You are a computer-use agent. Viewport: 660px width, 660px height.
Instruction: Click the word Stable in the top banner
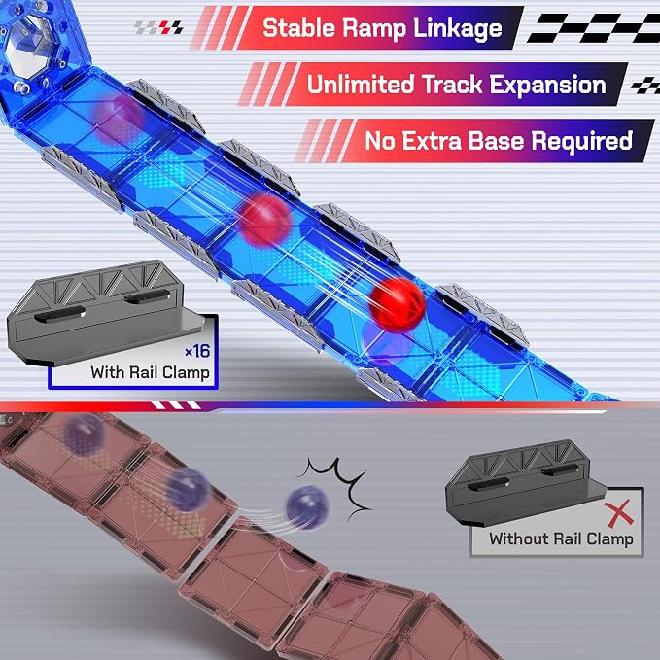(298, 28)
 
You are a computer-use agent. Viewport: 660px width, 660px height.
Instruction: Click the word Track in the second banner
(452, 85)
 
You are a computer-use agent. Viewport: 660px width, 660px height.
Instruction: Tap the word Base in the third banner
(496, 141)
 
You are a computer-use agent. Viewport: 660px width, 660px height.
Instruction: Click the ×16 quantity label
(197, 350)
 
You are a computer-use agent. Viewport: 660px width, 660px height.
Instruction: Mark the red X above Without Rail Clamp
(619, 513)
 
